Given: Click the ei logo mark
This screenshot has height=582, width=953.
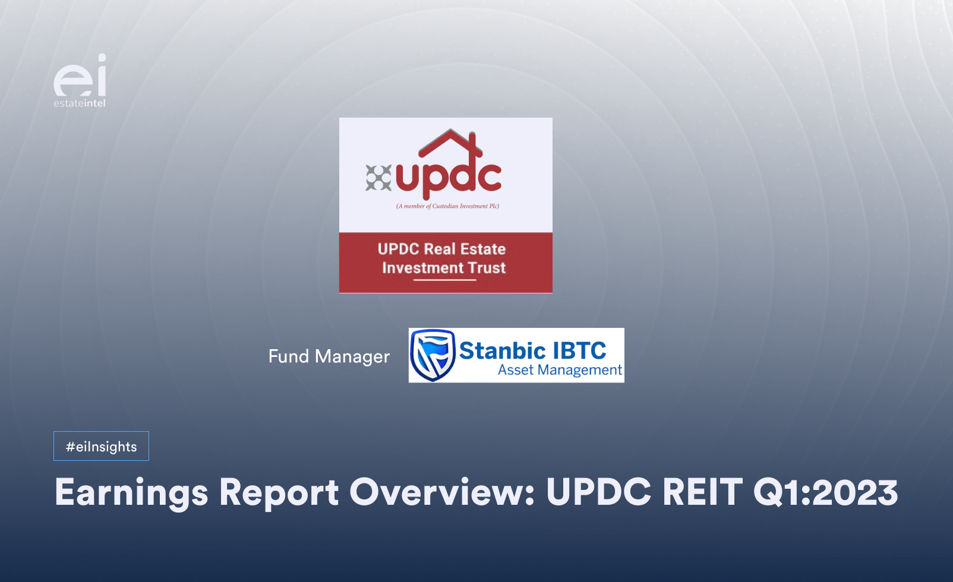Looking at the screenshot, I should (80, 76).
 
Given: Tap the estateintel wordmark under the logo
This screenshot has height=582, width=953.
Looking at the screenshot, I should (80, 103).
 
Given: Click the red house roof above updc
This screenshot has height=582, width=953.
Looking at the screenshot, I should (450, 143).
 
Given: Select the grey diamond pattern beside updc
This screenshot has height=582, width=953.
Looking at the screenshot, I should (378, 178).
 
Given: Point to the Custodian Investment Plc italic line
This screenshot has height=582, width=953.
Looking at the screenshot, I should (447, 207).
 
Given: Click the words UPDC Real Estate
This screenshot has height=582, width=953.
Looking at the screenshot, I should (441, 249).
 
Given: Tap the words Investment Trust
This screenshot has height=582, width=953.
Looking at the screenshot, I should (444, 268).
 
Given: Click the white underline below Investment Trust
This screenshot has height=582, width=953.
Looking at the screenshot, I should (445, 280).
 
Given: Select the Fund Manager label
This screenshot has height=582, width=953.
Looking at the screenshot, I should (329, 356).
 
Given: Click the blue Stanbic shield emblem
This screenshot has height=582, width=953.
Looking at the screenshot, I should (433, 355).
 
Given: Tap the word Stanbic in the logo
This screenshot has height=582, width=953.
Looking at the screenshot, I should (503, 350).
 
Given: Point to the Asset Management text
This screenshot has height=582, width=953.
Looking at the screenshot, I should (560, 370).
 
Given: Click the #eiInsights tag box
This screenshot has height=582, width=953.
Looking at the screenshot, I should (101, 446).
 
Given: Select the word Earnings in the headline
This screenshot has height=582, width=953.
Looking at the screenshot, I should (131, 493).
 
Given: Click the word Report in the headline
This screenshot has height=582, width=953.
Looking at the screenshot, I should (279, 493).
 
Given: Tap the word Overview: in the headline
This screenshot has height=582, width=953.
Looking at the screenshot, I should (442, 493).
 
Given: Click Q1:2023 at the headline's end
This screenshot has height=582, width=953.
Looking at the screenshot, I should (826, 493).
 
